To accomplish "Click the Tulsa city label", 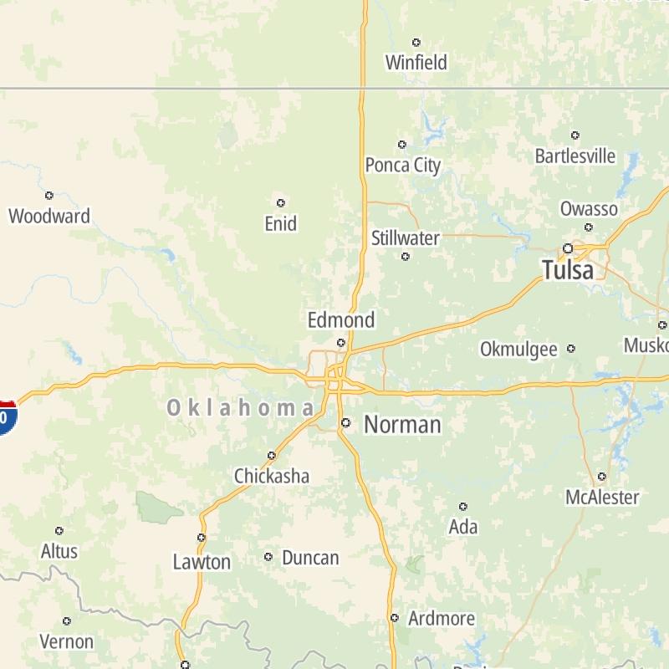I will [568, 270].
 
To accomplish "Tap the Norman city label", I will [402, 425].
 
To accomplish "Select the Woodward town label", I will [49, 217].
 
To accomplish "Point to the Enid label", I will [280, 224].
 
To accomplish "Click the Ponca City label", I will [403, 166].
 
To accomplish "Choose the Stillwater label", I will [406, 238].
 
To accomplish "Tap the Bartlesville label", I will [575, 156].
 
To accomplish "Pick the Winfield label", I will [416, 63].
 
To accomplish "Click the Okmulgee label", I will [518, 350].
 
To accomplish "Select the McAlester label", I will [602, 498].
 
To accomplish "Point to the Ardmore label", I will [442, 620].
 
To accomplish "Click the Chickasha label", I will [272, 477].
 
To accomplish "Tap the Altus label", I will [59, 551].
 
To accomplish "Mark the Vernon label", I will [67, 642].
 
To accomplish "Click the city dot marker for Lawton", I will [202, 538].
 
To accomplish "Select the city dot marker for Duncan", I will [268, 557].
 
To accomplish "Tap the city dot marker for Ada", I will [462, 506].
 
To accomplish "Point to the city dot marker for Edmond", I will [340, 342].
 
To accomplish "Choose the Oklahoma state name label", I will [241, 408].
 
